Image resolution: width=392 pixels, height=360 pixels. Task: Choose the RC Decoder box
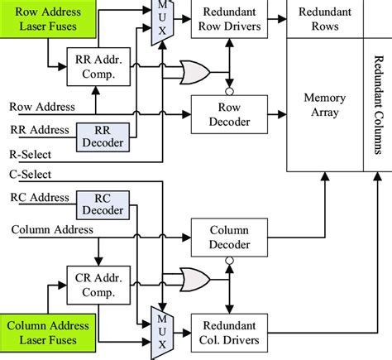101,204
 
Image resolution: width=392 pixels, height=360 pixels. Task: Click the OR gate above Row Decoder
195,73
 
